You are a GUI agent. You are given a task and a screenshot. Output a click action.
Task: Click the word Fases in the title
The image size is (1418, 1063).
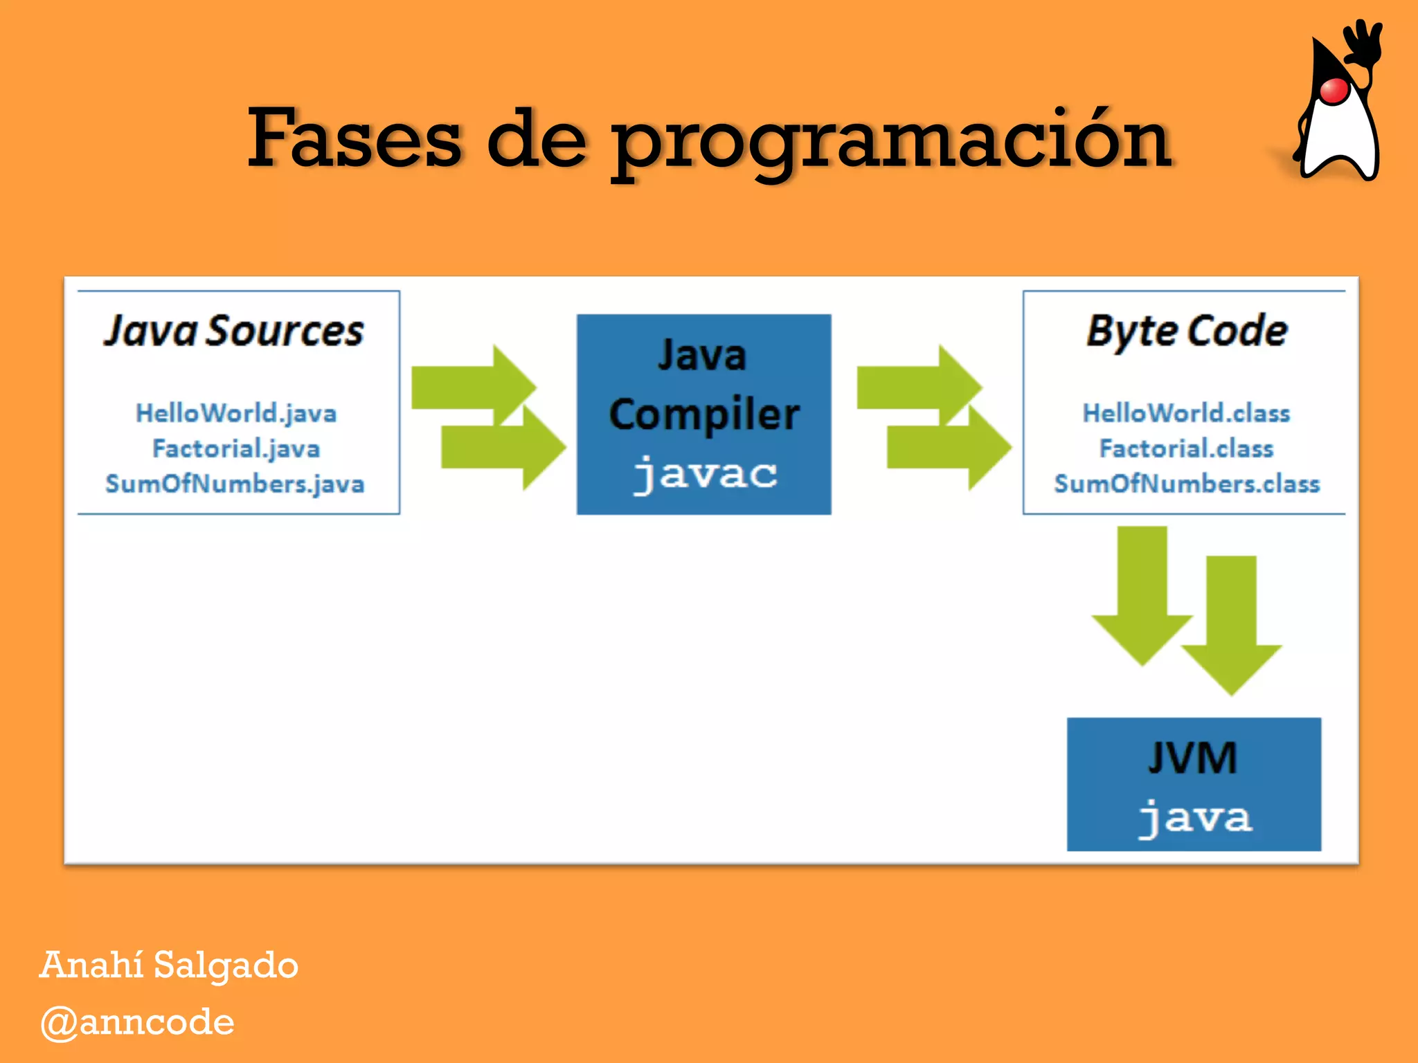354,138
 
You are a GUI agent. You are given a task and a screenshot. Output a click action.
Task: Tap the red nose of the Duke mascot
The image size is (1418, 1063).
1334,91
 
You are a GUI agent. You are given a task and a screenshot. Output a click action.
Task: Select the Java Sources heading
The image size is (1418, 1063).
234,331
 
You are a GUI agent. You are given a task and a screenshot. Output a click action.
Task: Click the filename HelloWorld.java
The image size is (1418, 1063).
236,413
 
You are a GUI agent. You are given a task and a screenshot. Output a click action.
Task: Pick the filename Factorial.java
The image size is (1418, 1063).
236,448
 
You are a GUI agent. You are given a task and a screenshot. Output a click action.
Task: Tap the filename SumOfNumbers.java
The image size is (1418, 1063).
235,484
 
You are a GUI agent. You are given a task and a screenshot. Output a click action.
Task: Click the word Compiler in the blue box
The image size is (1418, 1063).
704,415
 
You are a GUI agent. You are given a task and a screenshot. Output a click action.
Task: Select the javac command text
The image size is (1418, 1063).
704,474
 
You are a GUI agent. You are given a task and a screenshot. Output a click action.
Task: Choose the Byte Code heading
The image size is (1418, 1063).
1186,331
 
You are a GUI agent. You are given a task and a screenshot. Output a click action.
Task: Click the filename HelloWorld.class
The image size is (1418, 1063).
1186,413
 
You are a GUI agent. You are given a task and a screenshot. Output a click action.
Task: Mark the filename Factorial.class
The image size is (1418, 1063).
1186,448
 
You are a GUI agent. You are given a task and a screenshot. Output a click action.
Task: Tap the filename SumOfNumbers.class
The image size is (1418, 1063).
1186,484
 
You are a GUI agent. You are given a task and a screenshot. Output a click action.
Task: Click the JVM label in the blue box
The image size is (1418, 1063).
1192,758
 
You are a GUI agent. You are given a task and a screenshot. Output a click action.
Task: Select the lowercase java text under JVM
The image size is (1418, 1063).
1194,817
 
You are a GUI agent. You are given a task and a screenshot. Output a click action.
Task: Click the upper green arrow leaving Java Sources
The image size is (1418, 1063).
471,385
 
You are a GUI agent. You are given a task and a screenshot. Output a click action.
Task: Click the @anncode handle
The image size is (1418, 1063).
137,1022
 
